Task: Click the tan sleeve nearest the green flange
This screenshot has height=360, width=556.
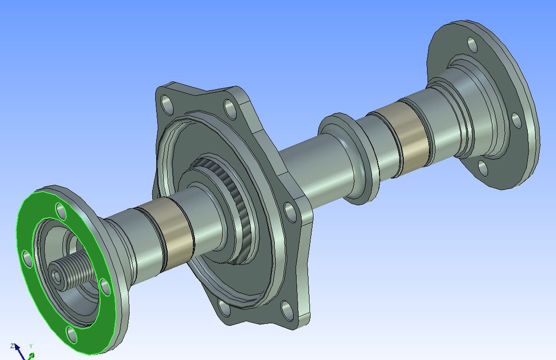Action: point(166,233)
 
